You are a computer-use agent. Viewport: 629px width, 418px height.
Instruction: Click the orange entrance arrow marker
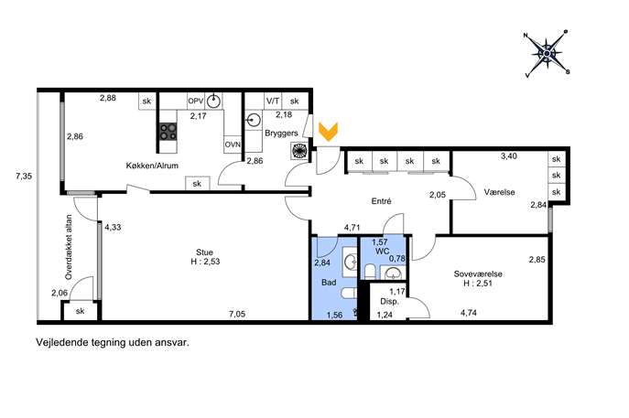[x=328, y=132]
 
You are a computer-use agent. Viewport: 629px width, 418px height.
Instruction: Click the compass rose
[x=548, y=53]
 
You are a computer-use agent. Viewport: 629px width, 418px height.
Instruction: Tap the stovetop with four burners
[x=168, y=132]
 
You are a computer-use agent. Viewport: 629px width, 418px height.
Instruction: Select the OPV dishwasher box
[x=196, y=101]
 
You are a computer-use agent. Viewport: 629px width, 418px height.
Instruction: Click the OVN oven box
[x=233, y=145]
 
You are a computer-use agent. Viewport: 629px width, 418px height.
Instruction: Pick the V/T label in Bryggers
[x=273, y=101]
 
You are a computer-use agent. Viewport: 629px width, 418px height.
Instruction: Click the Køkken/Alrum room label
[x=152, y=166]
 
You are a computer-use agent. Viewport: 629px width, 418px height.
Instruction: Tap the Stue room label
[x=204, y=252]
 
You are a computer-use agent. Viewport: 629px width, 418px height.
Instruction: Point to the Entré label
[x=381, y=201]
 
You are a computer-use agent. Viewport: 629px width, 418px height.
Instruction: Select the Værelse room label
[x=499, y=192]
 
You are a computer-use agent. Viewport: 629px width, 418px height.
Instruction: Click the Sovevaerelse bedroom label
[x=478, y=274]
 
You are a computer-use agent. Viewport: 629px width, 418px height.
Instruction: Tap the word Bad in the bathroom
[x=329, y=283]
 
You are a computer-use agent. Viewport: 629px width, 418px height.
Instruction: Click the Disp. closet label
[x=389, y=301]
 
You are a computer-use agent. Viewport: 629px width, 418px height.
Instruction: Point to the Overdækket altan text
[x=69, y=247]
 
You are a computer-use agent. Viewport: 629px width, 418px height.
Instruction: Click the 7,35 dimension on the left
[x=24, y=176]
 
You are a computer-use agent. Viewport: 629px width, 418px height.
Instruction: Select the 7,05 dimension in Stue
[x=237, y=315]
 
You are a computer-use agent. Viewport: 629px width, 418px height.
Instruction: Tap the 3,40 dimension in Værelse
[x=509, y=156]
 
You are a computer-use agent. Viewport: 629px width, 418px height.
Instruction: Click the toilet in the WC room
[x=370, y=272]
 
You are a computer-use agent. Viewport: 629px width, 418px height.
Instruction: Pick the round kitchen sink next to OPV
[x=214, y=101]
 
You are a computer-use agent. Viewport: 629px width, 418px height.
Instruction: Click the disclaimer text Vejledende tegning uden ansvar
[x=113, y=343]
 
